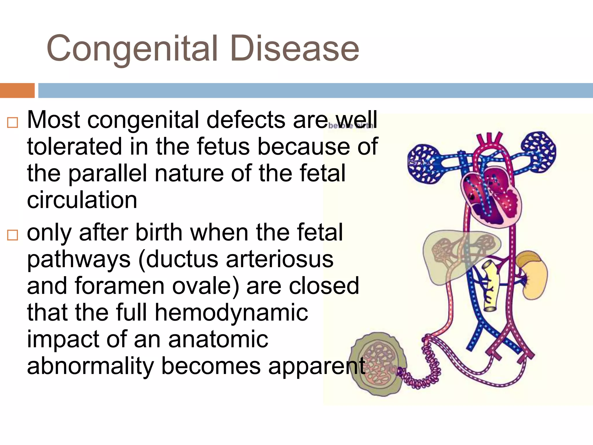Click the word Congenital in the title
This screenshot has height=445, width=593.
132,49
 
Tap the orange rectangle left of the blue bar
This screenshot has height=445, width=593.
17,90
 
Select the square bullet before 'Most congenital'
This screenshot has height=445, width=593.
12,123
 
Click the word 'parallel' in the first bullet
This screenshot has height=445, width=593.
107,173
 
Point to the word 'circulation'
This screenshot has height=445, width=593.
82,200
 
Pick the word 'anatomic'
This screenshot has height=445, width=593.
218,339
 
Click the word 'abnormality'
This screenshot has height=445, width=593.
90,366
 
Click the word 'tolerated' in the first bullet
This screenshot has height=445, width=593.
74,147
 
